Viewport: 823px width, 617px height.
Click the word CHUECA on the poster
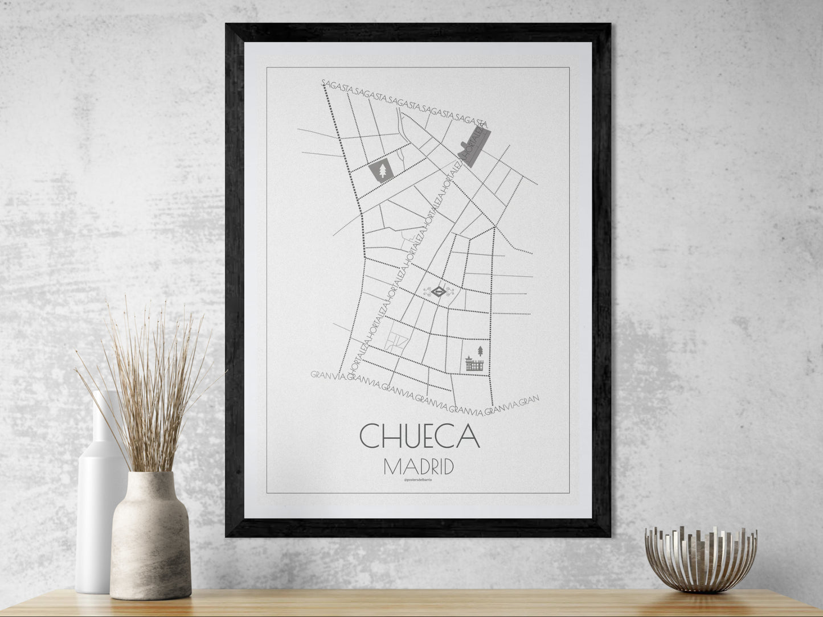pyautogui.click(x=419, y=436)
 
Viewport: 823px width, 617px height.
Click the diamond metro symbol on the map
pyautogui.click(x=439, y=293)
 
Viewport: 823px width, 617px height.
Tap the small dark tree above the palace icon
pyautogui.click(x=481, y=349)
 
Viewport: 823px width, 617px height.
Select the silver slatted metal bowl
pyautogui.click(x=701, y=558)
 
